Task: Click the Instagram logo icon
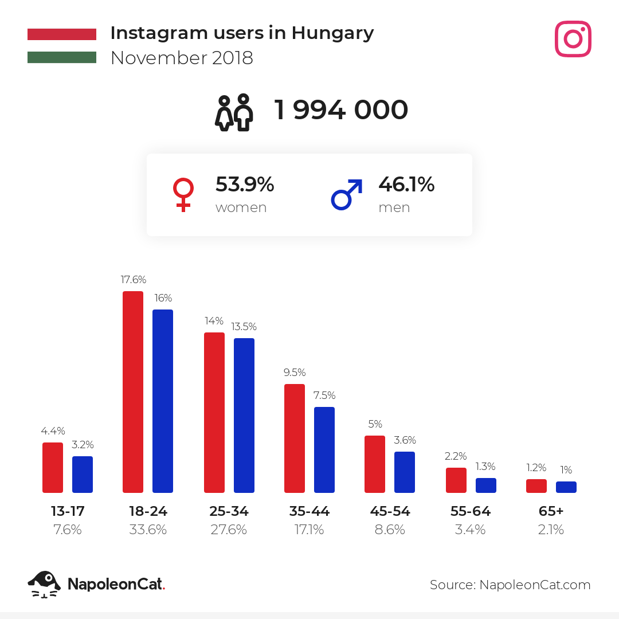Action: pyautogui.click(x=573, y=39)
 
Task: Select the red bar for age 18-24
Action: pyautogui.click(x=133, y=392)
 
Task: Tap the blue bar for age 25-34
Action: pyautogui.click(x=244, y=416)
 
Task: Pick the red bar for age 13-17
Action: pyautogui.click(x=53, y=468)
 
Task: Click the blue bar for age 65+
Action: pyautogui.click(x=566, y=487)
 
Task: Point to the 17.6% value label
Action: pyautogui.click(x=133, y=280)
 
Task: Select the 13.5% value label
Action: pyautogui.click(x=244, y=327)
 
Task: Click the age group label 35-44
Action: pyautogui.click(x=309, y=511)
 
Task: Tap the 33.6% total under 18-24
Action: pyautogui.click(x=148, y=530)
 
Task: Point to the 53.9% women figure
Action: pyautogui.click(x=245, y=185)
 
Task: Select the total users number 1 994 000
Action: pyautogui.click(x=341, y=110)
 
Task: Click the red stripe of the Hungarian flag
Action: pyautogui.click(x=62, y=34)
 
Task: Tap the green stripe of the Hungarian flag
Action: pyautogui.click(x=62, y=57)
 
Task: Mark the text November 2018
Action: pyautogui.click(x=182, y=58)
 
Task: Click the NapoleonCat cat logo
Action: pyautogui.click(x=44, y=584)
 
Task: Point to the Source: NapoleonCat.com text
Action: pyautogui.click(x=510, y=585)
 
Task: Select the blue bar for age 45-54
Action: pyautogui.click(x=405, y=472)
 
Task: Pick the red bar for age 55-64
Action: pyautogui.click(x=456, y=480)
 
